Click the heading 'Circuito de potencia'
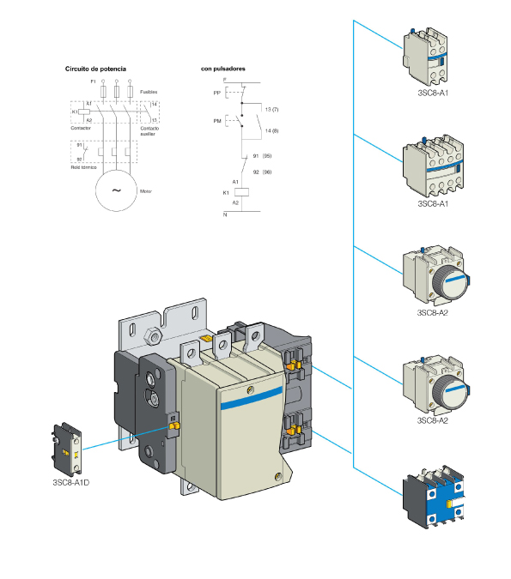click(95, 67)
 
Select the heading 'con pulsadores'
click(223, 67)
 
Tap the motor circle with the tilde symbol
click(114, 190)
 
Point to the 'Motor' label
click(145, 190)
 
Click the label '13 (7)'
click(272, 111)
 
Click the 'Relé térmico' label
click(83, 168)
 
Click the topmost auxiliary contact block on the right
click(423, 54)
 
